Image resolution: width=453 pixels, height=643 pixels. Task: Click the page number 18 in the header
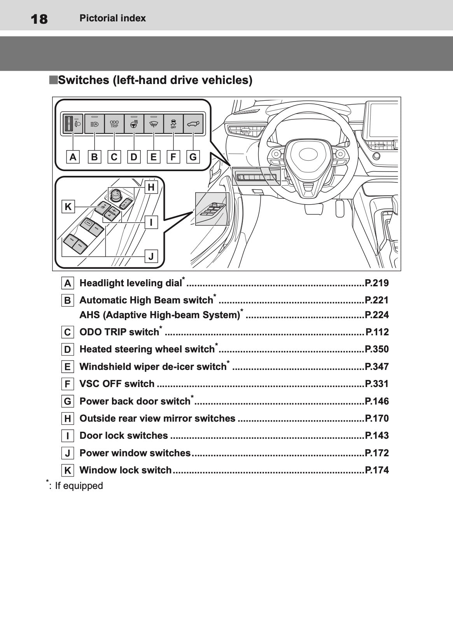(x=39, y=19)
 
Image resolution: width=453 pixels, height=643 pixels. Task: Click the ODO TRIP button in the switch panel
(x=114, y=124)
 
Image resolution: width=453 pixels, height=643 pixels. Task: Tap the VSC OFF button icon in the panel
(x=173, y=124)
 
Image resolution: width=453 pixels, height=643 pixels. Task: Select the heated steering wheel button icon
(x=134, y=124)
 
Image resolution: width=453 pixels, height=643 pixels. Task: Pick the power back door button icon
(x=193, y=124)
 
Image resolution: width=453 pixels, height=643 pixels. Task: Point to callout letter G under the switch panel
(x=193, y=157)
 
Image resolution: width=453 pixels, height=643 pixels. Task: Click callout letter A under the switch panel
(x=73, y=157)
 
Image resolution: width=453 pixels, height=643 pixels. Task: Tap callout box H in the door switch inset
(x=151, y=187)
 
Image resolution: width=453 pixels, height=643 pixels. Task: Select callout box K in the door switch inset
(x=68, y=207)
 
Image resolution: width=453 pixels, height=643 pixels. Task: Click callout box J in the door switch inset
(x=151, y=256)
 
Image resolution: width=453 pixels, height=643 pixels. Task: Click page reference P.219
(x=376, y=283)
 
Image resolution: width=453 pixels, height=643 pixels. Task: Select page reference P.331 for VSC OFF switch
(x=376, y=384)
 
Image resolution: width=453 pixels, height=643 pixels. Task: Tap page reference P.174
(x=376, y=470)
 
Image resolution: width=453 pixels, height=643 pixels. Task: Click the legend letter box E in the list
(x=68, y=367)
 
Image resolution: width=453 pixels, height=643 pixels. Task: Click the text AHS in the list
(x=89, y=315)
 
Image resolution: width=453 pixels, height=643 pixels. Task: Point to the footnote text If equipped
(x=79, y=486)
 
